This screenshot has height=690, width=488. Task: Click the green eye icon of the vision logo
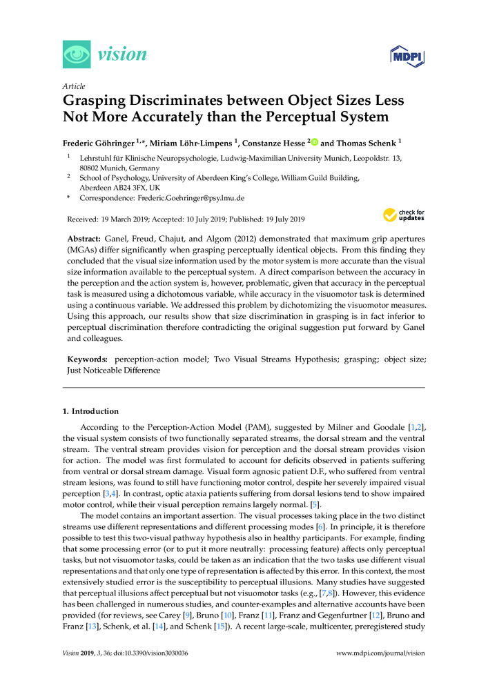point(77,55)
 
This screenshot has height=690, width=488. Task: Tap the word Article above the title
point(74,86)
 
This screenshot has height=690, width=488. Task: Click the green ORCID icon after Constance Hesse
point(315,143)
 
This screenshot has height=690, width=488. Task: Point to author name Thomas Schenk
point(369,144)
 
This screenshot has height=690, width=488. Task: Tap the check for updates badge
point(404,215)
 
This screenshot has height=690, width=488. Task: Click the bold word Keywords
point(88,359)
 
